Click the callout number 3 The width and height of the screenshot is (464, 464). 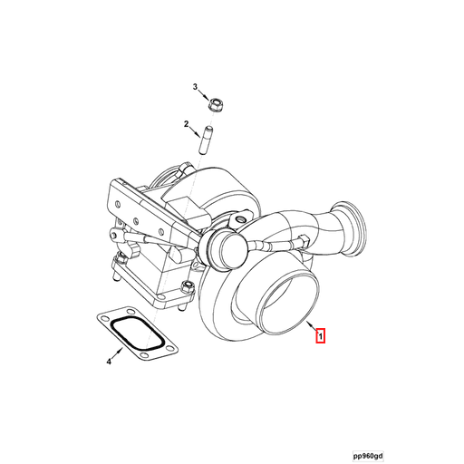tap(194, 86)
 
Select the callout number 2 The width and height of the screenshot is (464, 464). tap(186, 123)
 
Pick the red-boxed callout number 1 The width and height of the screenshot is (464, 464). tap(319, 336)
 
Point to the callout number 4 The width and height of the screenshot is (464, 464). tap(108, 362)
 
